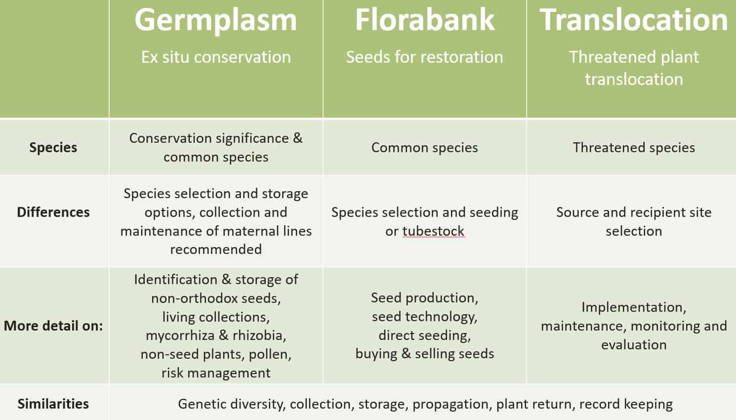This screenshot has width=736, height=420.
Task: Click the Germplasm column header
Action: (216, 20)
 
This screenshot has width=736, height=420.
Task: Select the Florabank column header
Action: (424, 20)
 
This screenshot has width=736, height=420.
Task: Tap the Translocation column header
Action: (633, 20)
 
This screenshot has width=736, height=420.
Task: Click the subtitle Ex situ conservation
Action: (216, 57)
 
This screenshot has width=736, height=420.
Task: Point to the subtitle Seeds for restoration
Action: (424, 57)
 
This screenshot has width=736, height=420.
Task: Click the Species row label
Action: (53, 148)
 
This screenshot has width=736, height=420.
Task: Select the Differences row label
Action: (53, 212)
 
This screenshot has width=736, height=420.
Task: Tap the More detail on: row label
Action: (53, 326)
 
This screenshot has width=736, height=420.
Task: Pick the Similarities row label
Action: (53, 404)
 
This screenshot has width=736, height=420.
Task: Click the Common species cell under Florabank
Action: (424, 148)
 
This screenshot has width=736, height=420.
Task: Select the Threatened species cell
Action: (634, 148)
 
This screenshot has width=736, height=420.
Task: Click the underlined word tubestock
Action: (433, 231)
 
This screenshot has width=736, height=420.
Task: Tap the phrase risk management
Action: (216, 373)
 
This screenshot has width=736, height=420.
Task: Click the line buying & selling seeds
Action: (424, 354)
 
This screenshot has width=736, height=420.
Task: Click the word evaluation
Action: (634, 345)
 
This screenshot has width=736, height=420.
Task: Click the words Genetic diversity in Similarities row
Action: (231, 404)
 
